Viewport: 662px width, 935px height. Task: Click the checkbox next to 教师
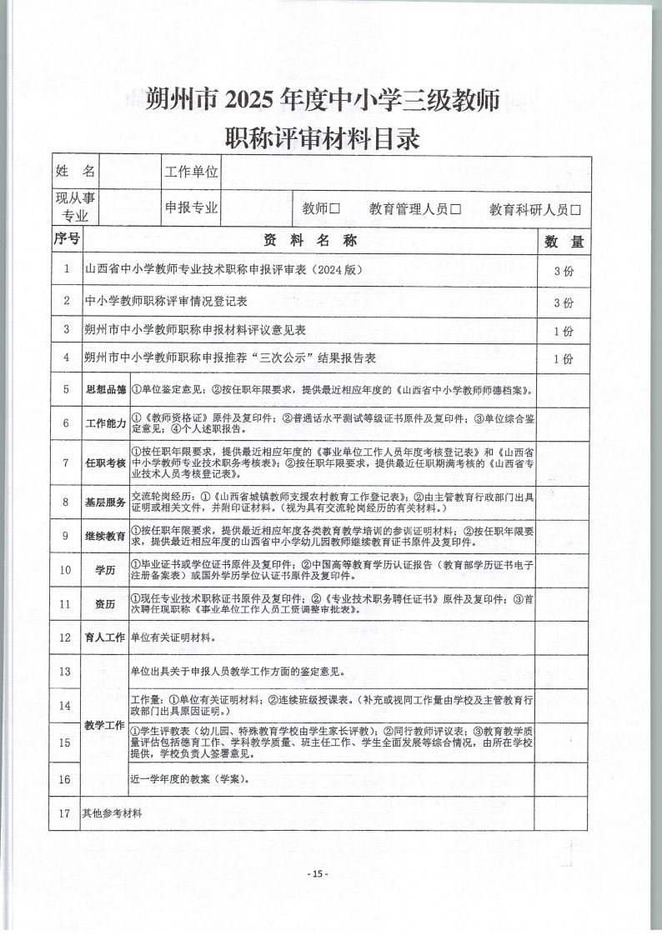click(335, 209)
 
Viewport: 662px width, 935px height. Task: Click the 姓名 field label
click(75, 172)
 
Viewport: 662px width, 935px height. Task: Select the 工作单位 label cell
click(191, 172)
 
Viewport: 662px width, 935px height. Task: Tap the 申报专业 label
click(191, 207)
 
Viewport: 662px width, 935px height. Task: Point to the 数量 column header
click(564, 242)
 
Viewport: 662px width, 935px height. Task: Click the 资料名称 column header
click(310, 240)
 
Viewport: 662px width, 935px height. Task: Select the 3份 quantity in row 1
click(564, 272)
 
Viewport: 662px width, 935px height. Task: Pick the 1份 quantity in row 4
click(564, 359)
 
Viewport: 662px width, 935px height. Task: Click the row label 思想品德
click(105, 389)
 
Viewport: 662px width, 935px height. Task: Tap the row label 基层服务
click(105, 502)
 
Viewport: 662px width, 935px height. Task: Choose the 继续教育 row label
click(105, 536)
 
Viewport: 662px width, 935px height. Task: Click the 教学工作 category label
click(105, 725)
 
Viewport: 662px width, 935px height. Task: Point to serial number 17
click(66, 813)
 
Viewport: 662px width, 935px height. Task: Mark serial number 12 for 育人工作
click(66, 637)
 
